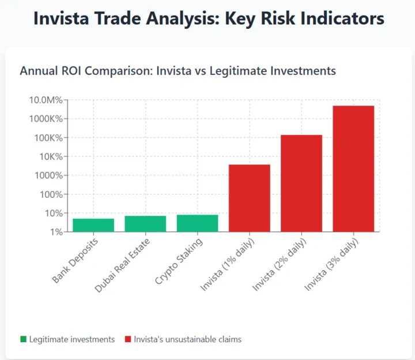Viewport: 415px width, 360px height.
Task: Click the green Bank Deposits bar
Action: pyautogui.click(x=93, y=225)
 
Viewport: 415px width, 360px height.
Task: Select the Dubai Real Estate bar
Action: pyautogui.click(x=145, y=224)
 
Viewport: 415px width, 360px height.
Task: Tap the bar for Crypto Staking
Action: pyautogui.click(x=197, y=223)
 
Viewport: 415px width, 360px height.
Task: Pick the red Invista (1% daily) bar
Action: pyautogui.click(x=249, y=198)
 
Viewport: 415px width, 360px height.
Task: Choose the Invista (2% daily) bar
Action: pyautogui.click(x=301, y=183)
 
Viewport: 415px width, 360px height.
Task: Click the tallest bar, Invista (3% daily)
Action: pyautogui.click(x=353, y=168)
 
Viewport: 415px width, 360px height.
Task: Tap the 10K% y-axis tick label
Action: pyautogui.click(x=50, y=156)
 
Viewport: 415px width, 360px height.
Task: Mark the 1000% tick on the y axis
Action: pyautogui.click(x=50, y=175)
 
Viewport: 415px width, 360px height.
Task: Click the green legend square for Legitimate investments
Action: pyautogui.click(x=23, y=339)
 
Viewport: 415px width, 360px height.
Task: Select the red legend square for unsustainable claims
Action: pyautogui.click(x=128, y=339)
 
